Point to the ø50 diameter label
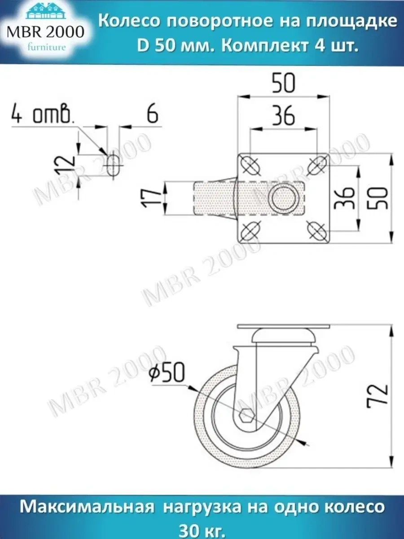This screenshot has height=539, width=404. click(166, 373)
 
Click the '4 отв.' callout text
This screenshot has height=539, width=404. click(42, 115)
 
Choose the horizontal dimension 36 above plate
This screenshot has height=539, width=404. click(283, 116)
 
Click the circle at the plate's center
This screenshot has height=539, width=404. click(284, 199)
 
